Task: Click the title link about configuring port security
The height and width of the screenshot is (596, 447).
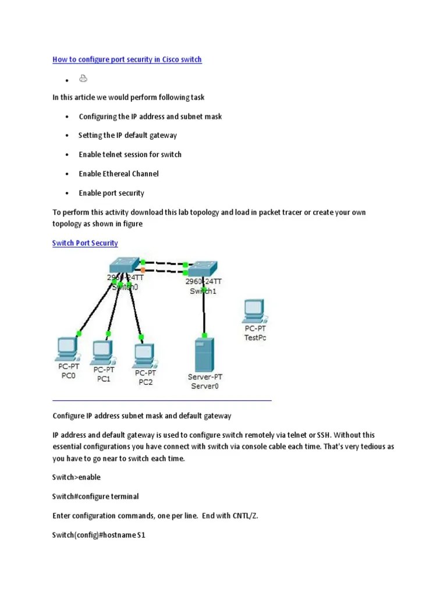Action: (127, 59)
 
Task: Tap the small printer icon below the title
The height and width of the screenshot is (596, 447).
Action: (83, 79)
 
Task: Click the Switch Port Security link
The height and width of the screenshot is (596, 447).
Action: (85, 243)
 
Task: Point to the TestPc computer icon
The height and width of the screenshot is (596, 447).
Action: (254, 311)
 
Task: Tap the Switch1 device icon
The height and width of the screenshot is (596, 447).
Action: (203, 268)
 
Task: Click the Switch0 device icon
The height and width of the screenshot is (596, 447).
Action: (124, 265)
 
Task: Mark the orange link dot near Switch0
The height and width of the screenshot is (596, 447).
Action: (143, 269)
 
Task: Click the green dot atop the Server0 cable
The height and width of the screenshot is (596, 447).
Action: (204, 335)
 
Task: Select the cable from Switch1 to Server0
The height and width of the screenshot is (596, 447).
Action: (203, 314)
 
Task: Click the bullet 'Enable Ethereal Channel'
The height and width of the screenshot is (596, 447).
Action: (119, 173)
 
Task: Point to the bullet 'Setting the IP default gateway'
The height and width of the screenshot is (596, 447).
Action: (128, 135)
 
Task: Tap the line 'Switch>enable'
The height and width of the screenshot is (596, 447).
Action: (76, 477)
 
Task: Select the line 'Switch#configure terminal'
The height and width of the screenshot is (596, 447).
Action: (95, 496)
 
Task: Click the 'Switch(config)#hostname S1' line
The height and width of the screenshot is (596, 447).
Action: (98, 534)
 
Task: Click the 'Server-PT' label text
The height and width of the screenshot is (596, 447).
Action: (204, 377)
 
